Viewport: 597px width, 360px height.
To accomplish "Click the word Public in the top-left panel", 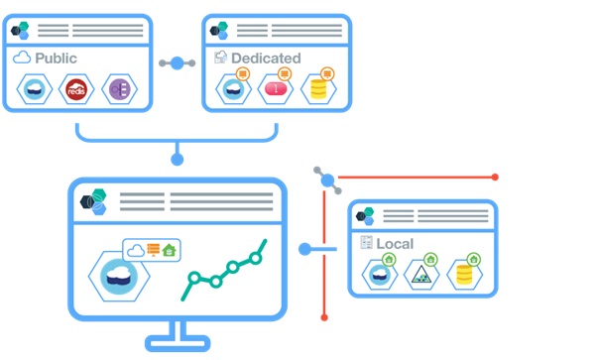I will [x=57, y=59].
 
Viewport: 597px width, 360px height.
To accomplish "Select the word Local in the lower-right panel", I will [x=395, y=243].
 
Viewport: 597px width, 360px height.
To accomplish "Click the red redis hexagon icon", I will [x=76, y=89].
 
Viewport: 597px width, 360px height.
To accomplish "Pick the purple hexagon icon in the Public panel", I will [x=119, y=89].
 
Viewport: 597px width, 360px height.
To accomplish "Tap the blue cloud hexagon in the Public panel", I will [x=34, y=89].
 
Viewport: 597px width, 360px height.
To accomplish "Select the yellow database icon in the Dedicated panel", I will [x=317, y=90].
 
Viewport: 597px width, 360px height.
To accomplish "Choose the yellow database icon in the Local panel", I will [x=462, y=274].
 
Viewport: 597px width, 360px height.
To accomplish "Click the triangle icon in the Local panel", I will [x=420, y=275].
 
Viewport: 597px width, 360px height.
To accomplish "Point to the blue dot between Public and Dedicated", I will [x=177, y=63].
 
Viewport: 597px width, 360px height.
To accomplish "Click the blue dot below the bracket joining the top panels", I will [x=177, y=157].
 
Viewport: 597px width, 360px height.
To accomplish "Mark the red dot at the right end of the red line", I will [x=495, y=178].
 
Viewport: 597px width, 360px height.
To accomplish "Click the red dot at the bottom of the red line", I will [x=324, y=317].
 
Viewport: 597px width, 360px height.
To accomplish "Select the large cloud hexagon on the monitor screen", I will [x=119, y=276].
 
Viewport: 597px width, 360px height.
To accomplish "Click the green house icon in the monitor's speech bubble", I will [x=169, y=251].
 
